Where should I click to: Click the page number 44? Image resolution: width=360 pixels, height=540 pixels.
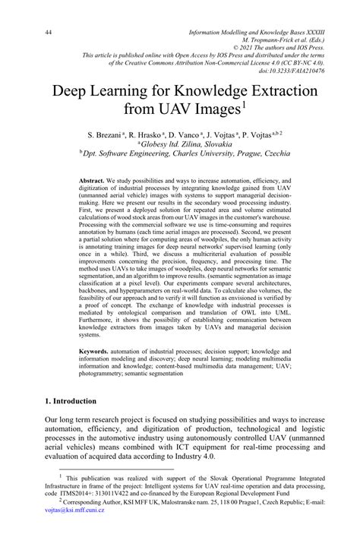(48, 33)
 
